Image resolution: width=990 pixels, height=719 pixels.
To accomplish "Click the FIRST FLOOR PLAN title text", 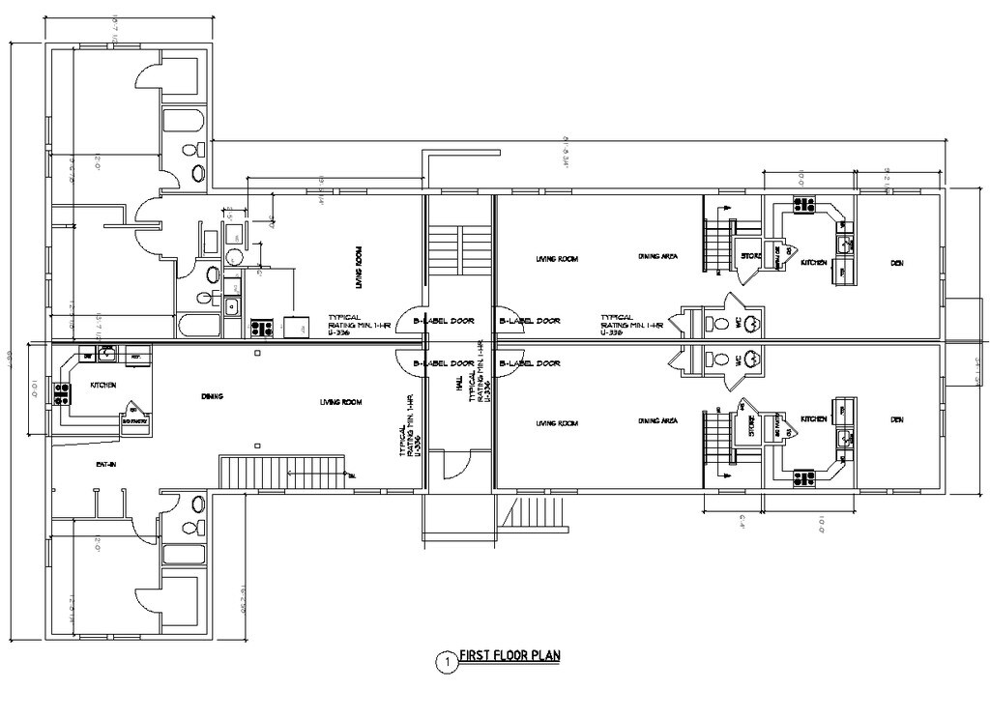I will tap(510, 655).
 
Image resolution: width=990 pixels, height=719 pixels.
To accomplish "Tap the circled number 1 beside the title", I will tap(447, 662).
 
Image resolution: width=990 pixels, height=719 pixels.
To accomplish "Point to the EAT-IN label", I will tap(106, 465).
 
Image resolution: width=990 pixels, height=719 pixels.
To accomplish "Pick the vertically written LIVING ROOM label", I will tap(359, 268).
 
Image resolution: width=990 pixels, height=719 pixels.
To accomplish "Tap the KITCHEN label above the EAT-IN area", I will tap(103, 385).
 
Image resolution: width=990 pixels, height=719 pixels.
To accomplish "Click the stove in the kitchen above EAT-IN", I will tap(64, 393).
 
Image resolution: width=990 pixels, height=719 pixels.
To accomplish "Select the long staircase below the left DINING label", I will tap(282, 471).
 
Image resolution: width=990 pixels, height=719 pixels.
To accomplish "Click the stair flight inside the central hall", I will tap(459, 251).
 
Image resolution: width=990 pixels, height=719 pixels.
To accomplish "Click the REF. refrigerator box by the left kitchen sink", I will tap(136, 355).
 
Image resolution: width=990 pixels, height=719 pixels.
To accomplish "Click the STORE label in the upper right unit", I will tap(750, 256).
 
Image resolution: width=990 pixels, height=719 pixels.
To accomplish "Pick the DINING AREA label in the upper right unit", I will tap(657, 256).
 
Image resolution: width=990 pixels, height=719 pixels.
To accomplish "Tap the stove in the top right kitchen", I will tap(803, 205).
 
